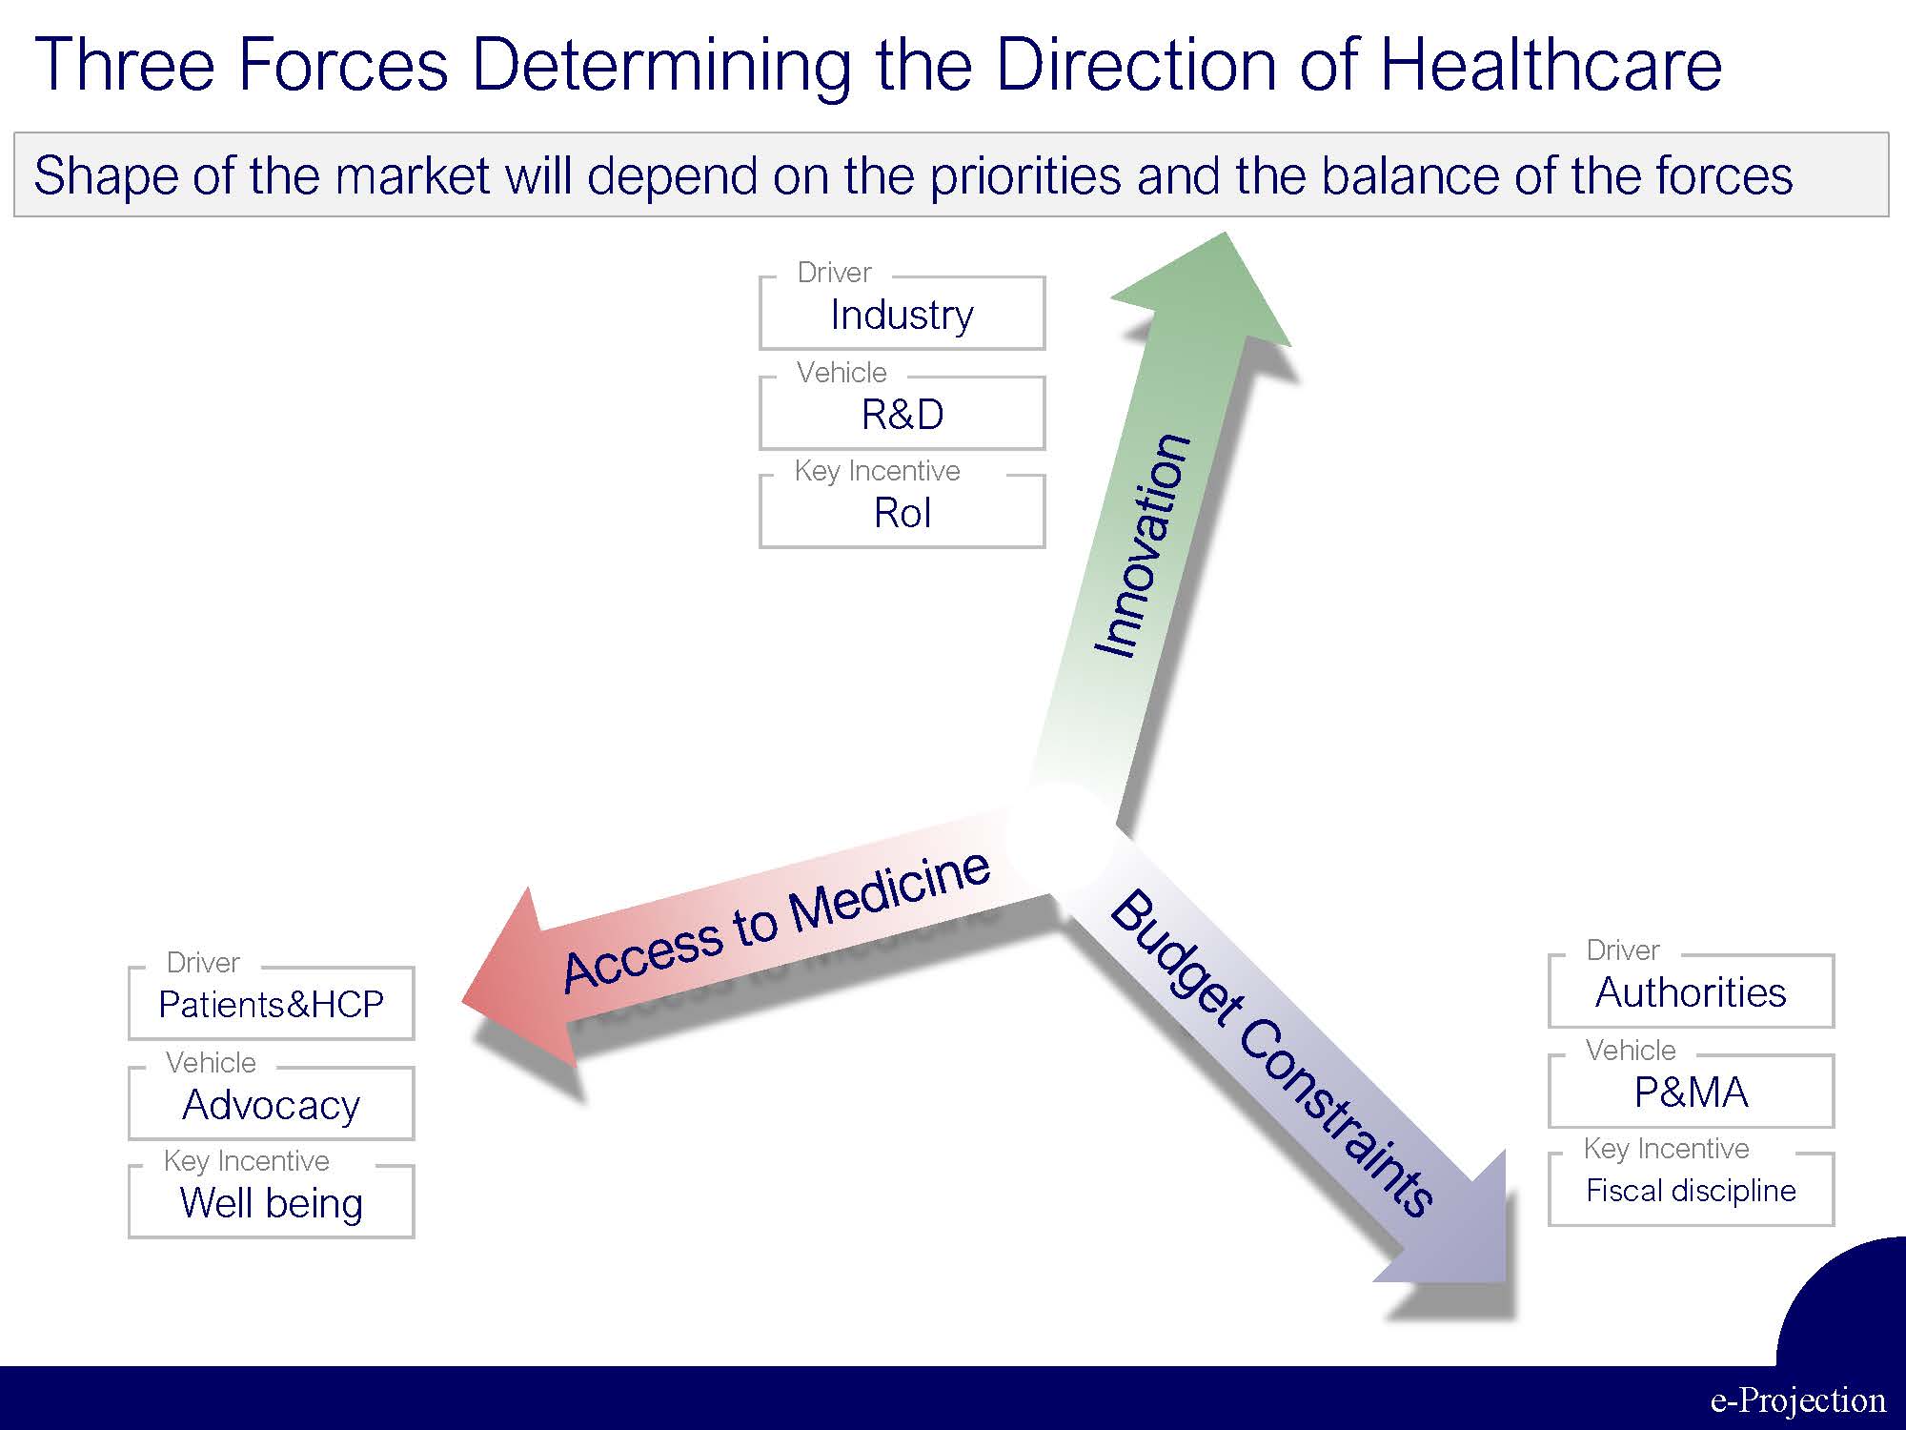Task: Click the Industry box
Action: (x=902, y=314)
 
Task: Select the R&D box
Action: (x=902, y=413)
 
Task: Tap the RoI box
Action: (x=902, y=512)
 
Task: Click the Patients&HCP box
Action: (x=271, y=1004)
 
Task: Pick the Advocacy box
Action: (x=271, y=1104)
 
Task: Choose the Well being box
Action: (x=271, y=1202)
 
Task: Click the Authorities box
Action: (x=1691, y=991)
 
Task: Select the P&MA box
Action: (x=1691, y=1092)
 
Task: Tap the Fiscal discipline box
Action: (x=1691, y=1190)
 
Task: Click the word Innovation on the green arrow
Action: (x=1143, y=545)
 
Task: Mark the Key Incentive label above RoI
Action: (x=877, y=471)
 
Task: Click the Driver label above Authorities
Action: (x=1623, y=950)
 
